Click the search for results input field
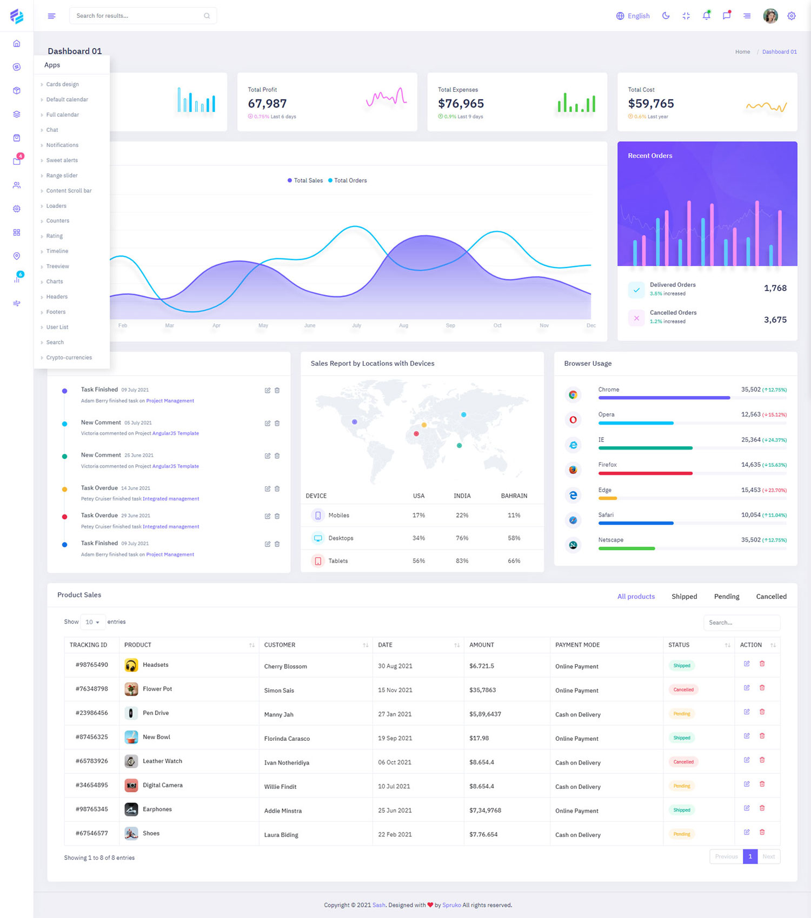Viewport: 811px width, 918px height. [138, 16]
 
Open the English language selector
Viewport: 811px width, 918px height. [633, 16]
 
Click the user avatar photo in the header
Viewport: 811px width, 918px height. [770, 16]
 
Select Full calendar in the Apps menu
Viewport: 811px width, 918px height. [63, 115]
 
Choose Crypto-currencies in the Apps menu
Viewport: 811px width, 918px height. [69, 358]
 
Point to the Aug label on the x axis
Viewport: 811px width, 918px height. [403, 325]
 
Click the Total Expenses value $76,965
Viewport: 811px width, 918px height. [461, 103]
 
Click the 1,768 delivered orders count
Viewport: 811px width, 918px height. [775, 288]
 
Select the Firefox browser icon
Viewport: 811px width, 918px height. [573, 470]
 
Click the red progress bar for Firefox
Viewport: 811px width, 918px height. [645, 473]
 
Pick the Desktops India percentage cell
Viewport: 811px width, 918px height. [462, 538]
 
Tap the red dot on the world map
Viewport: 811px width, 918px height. [416, 434]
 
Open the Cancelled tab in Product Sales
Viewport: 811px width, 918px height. [771, 597]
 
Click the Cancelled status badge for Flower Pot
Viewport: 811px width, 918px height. [683, 689]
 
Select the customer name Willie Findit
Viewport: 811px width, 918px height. [280, 787]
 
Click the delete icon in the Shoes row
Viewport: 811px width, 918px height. [762, 832]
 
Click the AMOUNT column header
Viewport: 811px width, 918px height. [482, 645]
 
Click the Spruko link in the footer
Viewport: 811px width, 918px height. [451, 905]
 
